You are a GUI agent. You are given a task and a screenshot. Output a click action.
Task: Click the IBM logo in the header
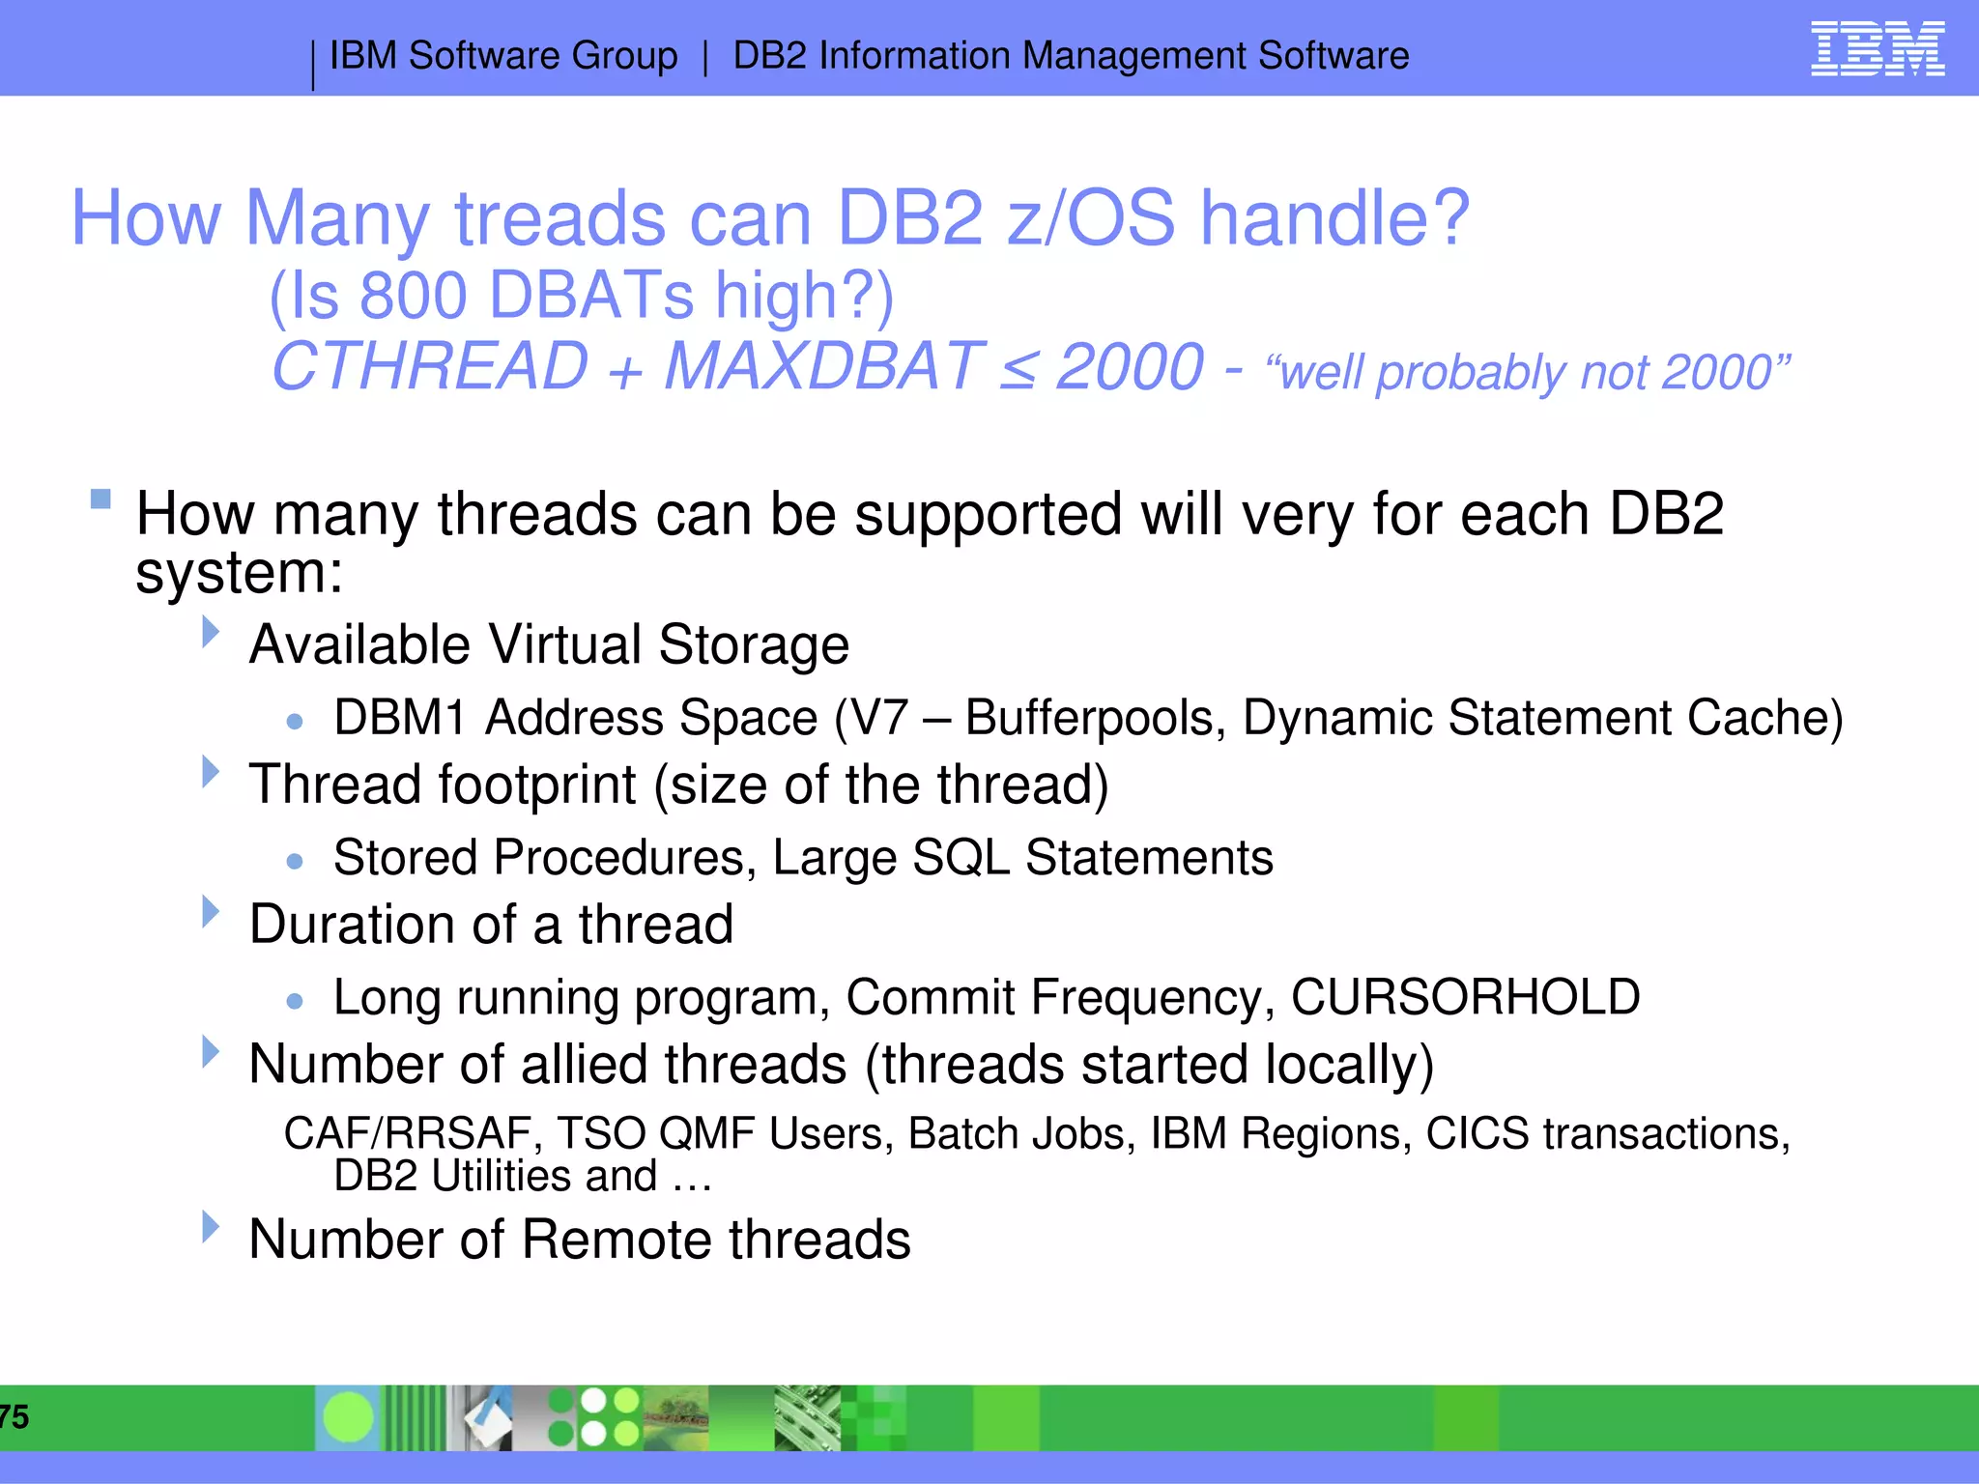coord(1877,49)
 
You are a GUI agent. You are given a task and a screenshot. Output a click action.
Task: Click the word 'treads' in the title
coord(560,218)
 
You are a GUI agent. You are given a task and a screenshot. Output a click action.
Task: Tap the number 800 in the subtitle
coord(413,296)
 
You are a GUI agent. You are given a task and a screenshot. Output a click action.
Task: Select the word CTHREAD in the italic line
coord(430,367)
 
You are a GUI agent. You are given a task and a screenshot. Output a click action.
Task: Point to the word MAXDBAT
coord(823,367)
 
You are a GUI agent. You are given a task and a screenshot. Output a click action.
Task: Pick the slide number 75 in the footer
coord(14,1417)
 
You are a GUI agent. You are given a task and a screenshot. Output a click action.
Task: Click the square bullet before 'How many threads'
coord(100,499)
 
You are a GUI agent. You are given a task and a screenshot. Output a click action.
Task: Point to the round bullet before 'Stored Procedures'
coord(296,861)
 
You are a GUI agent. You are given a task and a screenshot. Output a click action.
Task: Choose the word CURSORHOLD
coord(1465,997)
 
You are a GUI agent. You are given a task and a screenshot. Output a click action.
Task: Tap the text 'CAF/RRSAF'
coord(406,1133)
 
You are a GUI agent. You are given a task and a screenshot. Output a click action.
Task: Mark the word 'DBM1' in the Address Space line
coord(399,719)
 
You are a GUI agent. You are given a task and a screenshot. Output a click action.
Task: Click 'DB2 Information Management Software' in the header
coord(1071,56)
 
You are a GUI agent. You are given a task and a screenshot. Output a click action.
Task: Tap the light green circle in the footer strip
coord(348,1417)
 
